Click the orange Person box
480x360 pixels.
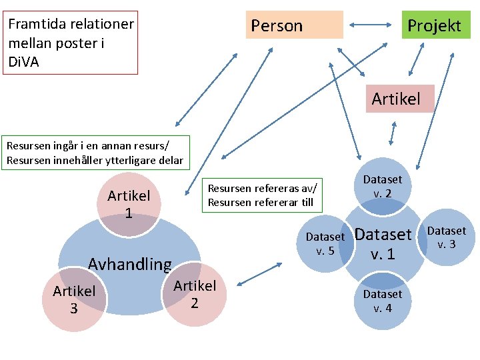click(294, 25)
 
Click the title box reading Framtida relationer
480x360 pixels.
click(71, 41)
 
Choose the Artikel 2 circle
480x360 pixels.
click(195, 295)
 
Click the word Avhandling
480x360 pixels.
click(130, 264)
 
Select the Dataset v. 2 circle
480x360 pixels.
click(382, 187)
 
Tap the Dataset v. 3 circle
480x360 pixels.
click(446, 237)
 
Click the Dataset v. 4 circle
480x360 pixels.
click(383, 301)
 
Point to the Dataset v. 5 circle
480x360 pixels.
click(325, 243)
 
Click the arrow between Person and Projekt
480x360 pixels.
click(372, 26)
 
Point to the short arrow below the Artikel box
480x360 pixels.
click(392, 133)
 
